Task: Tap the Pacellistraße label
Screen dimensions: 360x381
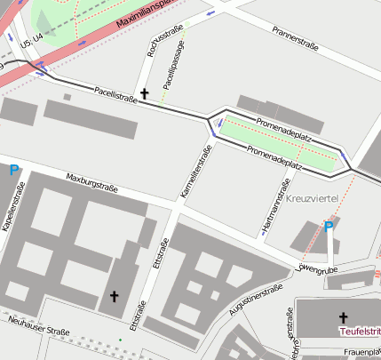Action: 115,93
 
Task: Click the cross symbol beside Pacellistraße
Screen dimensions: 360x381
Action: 145,93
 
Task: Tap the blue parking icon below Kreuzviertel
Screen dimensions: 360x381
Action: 329,228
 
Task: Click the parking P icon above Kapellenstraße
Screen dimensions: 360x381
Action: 13,170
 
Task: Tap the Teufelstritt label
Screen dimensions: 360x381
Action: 359,331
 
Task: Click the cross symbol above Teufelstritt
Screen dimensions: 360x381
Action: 344,316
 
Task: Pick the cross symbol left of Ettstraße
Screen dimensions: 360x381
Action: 114,295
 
